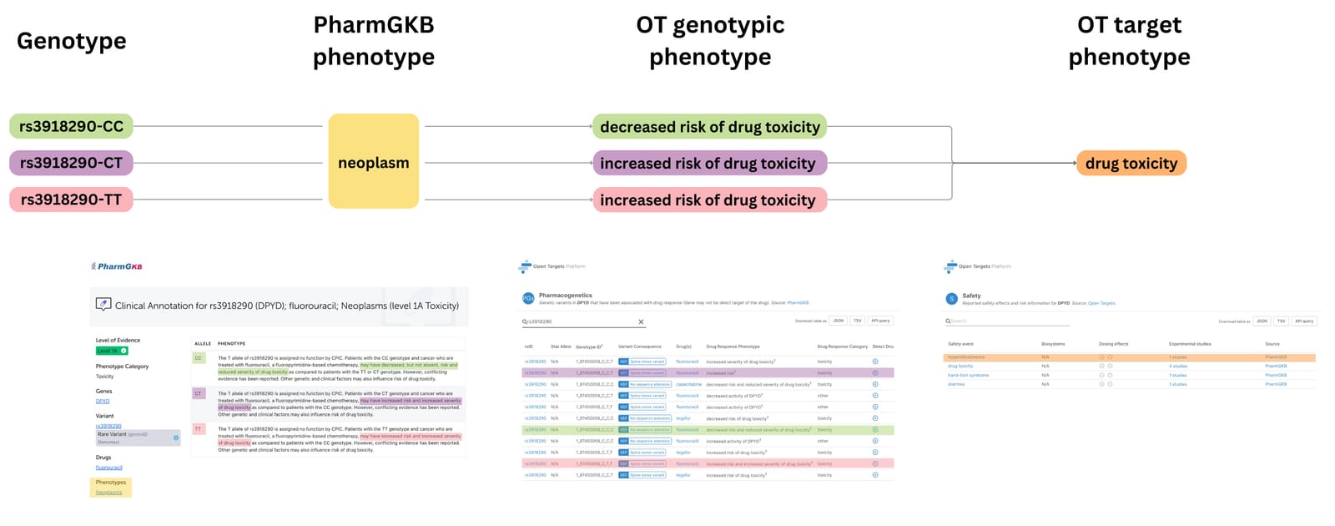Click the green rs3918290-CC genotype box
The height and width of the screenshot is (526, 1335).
[72, 127]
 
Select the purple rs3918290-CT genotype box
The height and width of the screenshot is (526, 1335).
[72, 163]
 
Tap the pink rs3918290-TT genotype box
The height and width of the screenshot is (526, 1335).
[72, 200]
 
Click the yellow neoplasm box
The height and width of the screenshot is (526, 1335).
[373, 162]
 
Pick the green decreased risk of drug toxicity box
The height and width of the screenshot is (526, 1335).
[709, 127]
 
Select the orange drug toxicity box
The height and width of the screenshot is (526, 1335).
[1131, 164]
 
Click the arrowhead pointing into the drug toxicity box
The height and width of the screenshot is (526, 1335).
[1072, 164]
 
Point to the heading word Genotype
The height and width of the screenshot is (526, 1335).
[72, 41]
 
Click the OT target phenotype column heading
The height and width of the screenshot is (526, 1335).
[1129, 41]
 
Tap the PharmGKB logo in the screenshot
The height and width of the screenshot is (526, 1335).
[117, 266]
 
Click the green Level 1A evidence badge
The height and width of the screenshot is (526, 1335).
[111, 351]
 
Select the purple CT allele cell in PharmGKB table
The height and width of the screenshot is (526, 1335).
[199, 393]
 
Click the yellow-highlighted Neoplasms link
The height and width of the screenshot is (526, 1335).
[108, 493]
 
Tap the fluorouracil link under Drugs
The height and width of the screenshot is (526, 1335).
[108, 468]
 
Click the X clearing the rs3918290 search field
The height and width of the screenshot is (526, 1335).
[641, 321]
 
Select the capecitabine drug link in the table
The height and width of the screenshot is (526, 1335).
[688, 385]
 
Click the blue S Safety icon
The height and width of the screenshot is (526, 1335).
[951, 299]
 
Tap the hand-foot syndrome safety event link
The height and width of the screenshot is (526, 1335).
[968, 375]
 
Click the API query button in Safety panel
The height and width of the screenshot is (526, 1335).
[1304, 321]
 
